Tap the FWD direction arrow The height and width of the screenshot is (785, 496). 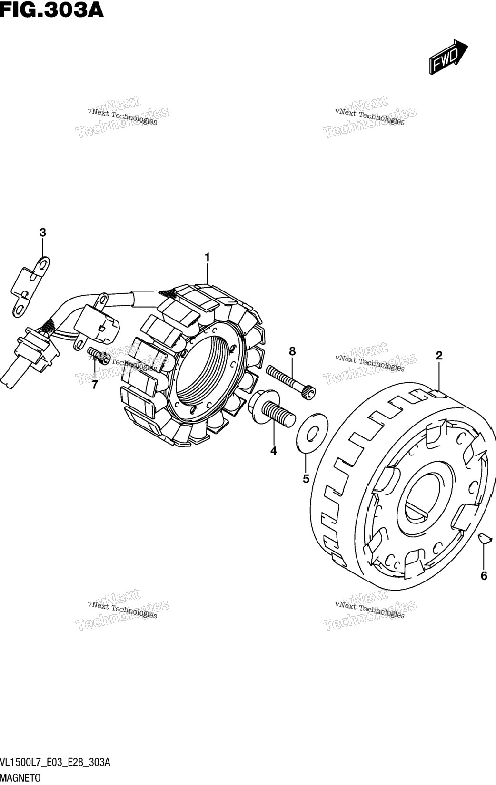pos(448,57)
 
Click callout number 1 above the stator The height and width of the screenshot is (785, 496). pos(208,258)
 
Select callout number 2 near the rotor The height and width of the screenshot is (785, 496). pos(439,356)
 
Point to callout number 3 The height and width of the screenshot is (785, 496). pos(42,233)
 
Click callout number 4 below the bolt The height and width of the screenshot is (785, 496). pos(274,451)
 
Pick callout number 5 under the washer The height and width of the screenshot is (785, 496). pos(306,478)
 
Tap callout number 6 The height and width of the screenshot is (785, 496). pos(484,576)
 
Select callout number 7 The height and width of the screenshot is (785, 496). pos(95,385)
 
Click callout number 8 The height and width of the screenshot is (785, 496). pos(292,351)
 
